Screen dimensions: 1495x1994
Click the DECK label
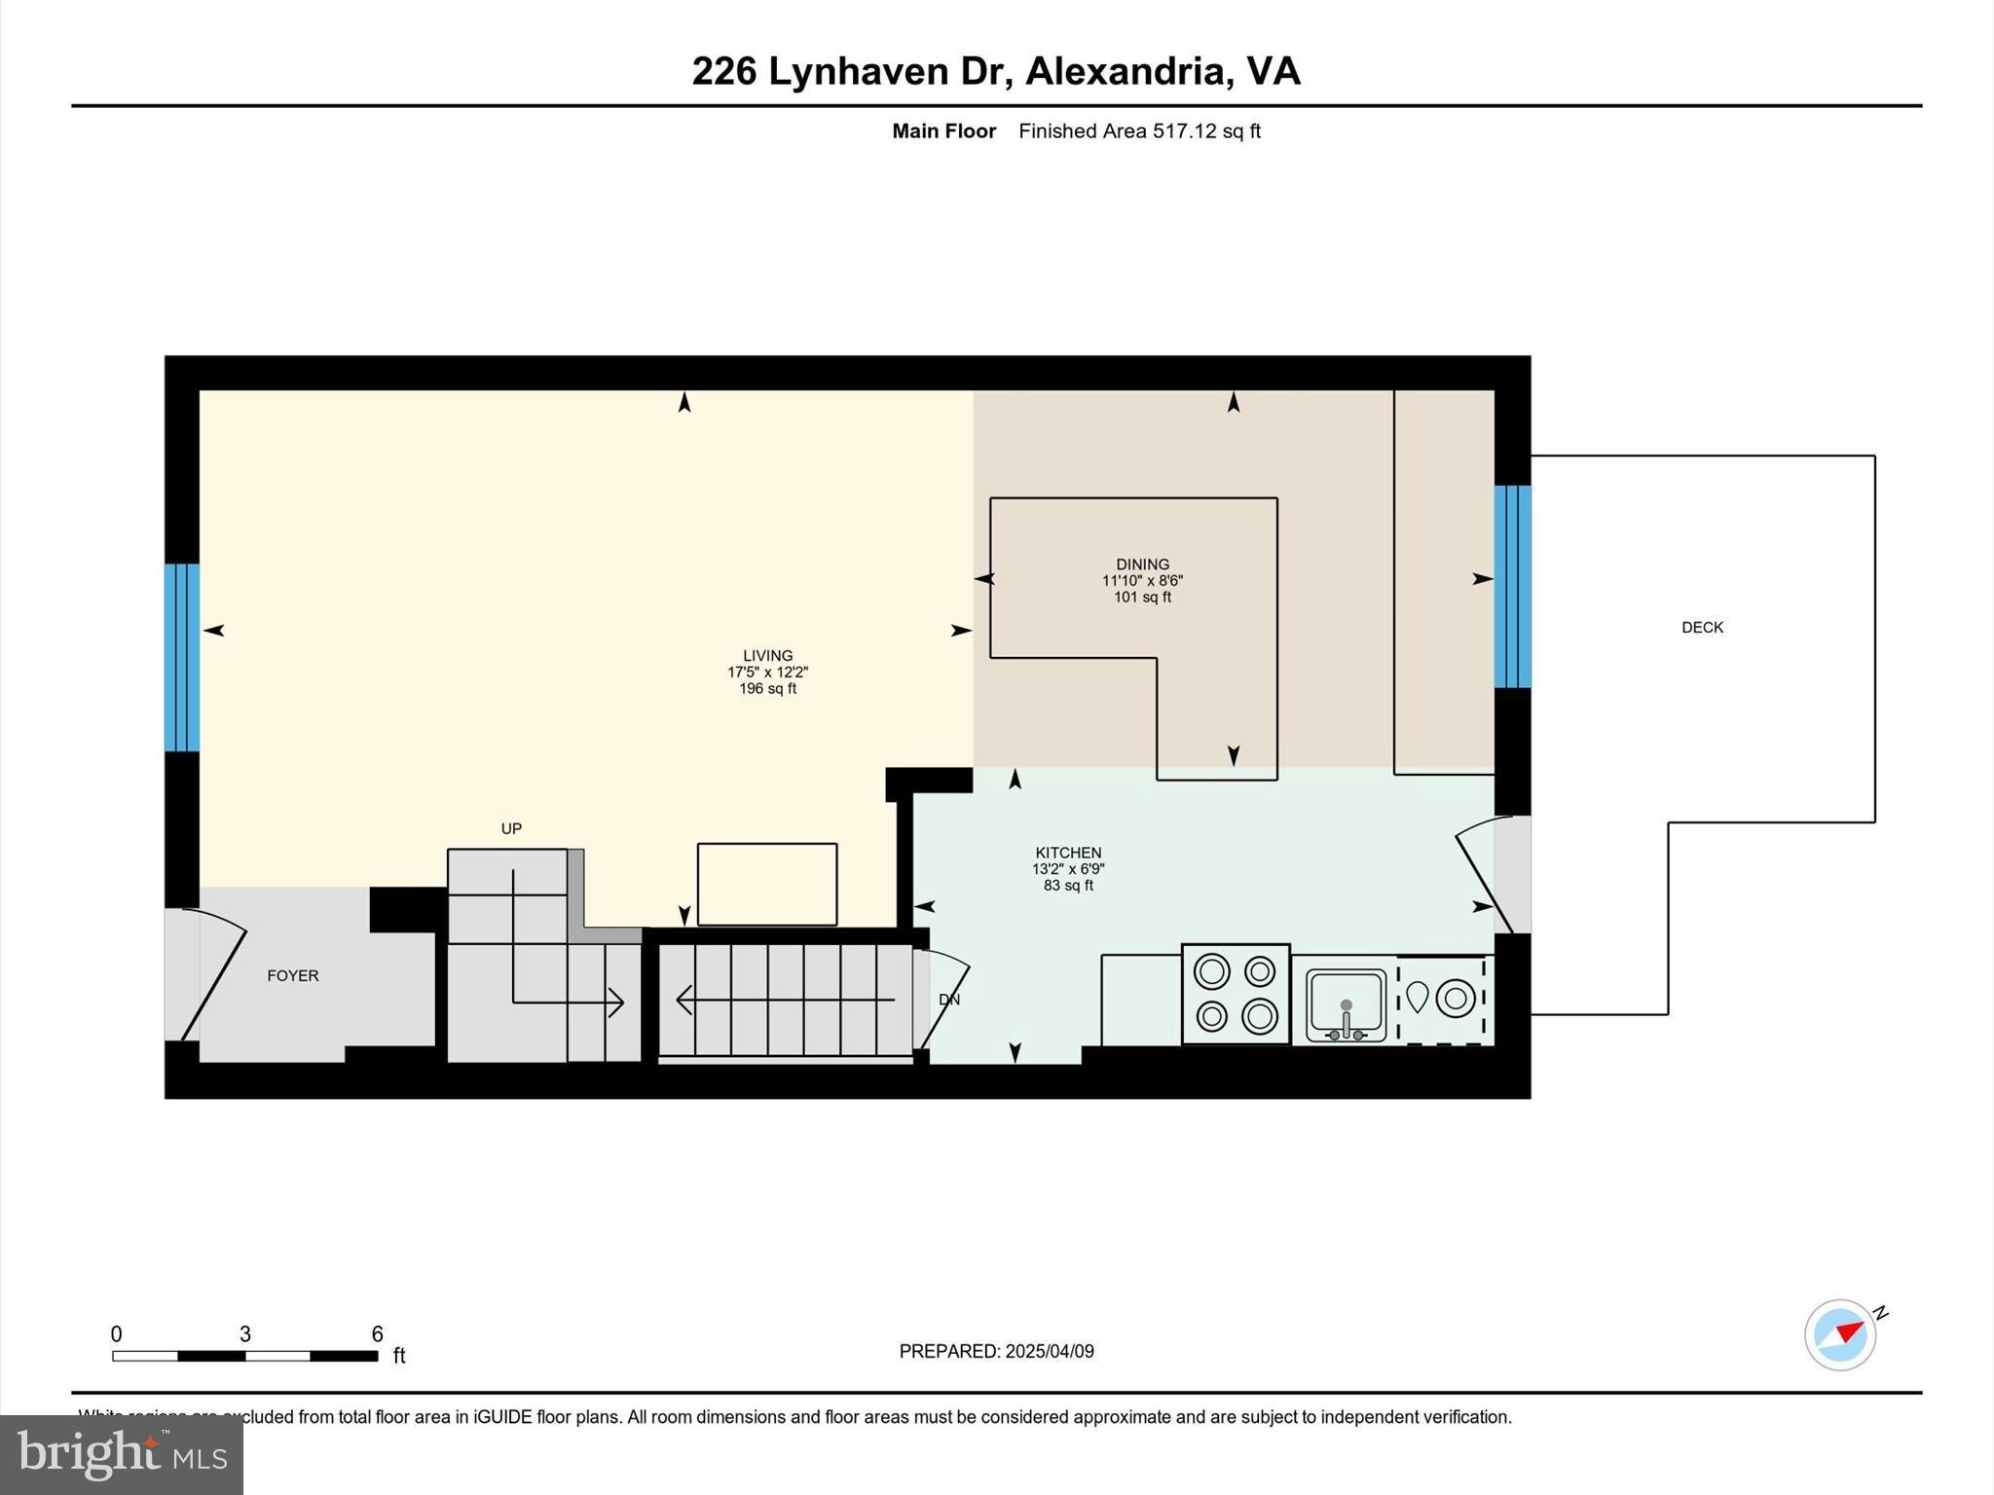click(x=1702, y=628)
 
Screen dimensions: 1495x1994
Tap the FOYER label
click(x=293, y=975)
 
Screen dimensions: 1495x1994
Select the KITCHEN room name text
click(x=1068, y=853)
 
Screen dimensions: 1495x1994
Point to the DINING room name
click(x=1142, y=565)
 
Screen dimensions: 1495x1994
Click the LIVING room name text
click(x=767, y=656)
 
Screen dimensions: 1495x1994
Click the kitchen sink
click(x=1346, y=1004)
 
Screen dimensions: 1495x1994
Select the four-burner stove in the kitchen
click(x=1236, y=994)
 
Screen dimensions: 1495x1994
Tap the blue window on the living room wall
click(x=182, y=658)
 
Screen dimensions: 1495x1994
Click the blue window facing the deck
click(x=1512, y=586)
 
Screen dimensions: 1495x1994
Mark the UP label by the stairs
click(x=511, y=828)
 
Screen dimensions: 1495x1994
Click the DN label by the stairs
click(x=949, y=1000)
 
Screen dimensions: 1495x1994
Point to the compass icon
click(x=1840, y=1334)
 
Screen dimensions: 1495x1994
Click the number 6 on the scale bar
click(x=377, y=1334)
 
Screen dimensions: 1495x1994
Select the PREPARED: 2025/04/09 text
click(x=996, y=1351)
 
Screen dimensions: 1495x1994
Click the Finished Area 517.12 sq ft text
click(x=1139, y=131)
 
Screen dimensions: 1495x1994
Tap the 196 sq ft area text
click(x=767, y=689)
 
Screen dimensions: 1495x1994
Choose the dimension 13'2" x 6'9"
click(x=1068, y=869)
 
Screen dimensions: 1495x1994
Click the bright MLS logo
click(x=122, y=1454)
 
